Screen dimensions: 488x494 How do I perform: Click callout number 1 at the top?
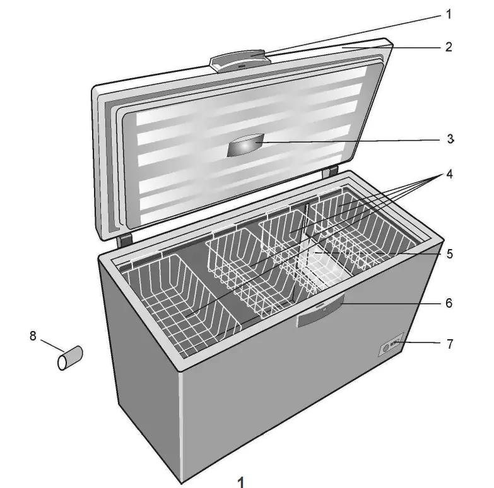click(449, 13)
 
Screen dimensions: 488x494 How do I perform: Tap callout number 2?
click(449, 47)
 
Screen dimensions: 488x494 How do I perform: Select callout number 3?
click(450, 139)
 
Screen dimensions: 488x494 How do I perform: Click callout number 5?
click(449, 254)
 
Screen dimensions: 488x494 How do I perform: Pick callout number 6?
click(449, 303)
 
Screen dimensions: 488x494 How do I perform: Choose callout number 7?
click(449, 344)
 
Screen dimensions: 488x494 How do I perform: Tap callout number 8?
click(33, 336)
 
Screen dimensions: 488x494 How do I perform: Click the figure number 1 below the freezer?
click(240, 482)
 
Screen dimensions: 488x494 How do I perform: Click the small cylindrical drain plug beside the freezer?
click(70, 358)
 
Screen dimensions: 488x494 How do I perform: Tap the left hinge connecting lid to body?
click(124, 239)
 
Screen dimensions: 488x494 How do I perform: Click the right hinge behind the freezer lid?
click(328, 171)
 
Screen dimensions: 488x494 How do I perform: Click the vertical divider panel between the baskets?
click(305, 252)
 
